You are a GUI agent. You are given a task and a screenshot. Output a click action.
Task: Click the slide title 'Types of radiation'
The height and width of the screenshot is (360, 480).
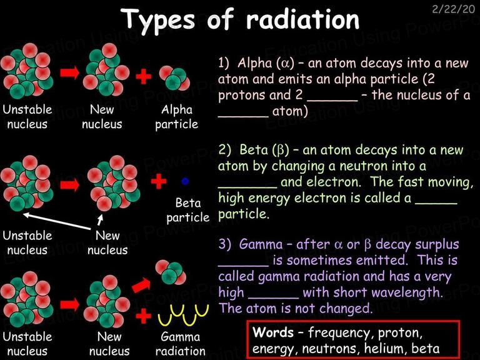tap(240, 19)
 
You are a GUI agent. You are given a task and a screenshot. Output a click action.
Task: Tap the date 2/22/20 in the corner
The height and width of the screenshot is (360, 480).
tap(453, 9)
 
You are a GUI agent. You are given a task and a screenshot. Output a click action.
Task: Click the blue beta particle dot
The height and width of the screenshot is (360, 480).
tap(185, 181)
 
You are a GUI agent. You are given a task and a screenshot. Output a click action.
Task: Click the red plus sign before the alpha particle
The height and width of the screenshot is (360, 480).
tap(144, 76)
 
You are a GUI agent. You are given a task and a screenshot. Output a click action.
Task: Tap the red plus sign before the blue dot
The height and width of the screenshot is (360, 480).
tap(159, 181)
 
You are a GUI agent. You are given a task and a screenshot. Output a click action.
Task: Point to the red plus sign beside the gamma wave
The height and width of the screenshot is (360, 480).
tap(144, 316)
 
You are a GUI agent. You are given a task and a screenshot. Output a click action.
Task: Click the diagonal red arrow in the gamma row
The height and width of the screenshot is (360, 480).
tap(141, 285)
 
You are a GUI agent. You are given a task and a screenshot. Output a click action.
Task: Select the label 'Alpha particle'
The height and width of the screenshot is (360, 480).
tap(177, 117)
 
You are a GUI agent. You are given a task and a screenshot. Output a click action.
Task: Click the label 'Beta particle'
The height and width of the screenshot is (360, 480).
tap(188, 210)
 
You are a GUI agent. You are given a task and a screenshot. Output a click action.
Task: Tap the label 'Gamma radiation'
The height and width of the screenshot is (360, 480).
tap(180, 344)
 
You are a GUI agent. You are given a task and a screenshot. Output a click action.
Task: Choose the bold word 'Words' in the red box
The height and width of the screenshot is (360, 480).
tap(273, 332)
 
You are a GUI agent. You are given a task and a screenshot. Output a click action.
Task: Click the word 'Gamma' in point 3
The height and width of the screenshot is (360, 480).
tap(261, 244)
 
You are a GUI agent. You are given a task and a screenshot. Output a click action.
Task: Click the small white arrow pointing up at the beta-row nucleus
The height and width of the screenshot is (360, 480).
tap(100, 219)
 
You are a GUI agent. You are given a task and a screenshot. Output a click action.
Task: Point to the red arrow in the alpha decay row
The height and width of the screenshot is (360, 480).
tap(70, 73)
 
